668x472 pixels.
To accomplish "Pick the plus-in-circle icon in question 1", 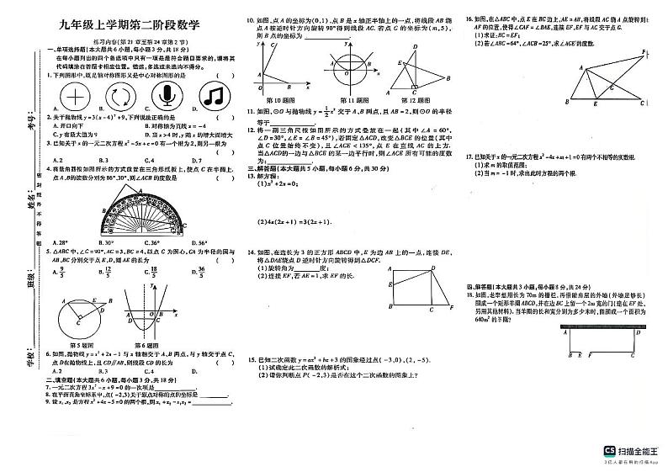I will point(75,93).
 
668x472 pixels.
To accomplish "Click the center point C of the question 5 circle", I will point(80,321).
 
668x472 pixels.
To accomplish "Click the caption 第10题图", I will point(280,99).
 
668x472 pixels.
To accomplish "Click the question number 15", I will point(250,359).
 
